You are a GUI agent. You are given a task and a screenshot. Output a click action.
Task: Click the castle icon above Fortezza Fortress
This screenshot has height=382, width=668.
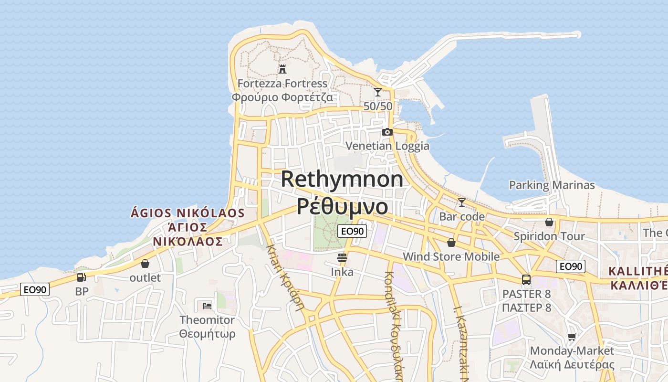(x=282, y=69)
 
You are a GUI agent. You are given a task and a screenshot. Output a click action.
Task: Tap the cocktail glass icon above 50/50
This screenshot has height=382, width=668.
(x=378, y=92)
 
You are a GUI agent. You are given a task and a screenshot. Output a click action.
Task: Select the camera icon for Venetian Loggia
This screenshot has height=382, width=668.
(x=387, y=132)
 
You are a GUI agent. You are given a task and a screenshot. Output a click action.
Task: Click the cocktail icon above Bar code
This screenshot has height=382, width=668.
(x=461, y=202)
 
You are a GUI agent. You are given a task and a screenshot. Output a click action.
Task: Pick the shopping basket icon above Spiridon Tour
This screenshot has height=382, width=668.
(x=549, y=222)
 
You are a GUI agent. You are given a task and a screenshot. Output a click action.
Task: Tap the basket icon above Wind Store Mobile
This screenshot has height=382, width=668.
(x=451, y=243)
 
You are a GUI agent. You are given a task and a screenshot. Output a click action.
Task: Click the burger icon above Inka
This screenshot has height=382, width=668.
(x=342, y=258)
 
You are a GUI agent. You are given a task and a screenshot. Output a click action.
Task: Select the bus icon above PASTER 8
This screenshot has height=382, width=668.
(x=526, y=280)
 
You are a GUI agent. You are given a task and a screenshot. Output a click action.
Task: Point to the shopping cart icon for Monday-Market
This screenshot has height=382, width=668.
(x=572, y=337)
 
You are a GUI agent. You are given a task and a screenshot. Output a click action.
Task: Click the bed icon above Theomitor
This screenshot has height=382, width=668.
(x=207, y=306)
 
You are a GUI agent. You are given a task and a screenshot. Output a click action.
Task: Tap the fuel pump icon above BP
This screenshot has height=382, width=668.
(x=82, y=277)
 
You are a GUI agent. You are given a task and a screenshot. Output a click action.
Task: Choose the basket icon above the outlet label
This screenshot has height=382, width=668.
(x=145, y=264)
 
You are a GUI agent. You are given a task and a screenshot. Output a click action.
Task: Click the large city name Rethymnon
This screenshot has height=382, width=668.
(x=342, y=180)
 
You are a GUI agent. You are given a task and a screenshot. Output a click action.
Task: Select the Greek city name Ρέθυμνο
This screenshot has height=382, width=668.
(x=342, y=206)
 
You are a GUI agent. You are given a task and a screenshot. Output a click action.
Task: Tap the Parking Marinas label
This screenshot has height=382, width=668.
(x=552, y=185)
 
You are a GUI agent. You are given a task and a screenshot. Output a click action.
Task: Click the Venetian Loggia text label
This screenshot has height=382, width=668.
(x=387, y=146)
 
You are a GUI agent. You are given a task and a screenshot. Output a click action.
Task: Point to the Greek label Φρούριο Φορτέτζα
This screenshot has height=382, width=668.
(x=282, y=97)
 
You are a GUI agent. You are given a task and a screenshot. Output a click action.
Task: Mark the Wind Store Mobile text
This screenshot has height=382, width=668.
(x=451, y=257)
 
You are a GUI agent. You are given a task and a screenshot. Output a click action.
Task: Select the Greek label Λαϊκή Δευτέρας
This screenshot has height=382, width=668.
(x=572, y=364)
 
